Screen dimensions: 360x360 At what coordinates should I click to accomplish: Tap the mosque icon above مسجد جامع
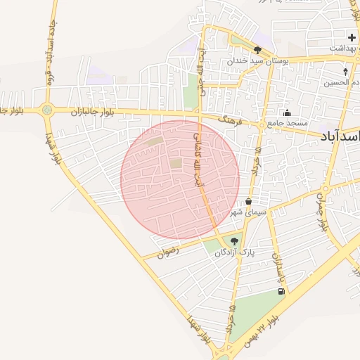(x=287, y=112)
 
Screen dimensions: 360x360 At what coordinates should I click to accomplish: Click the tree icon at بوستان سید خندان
(x=258, y=50)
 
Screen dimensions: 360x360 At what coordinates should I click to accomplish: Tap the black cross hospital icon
(x=352, y=37)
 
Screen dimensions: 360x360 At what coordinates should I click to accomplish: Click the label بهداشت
(x=345, y=47)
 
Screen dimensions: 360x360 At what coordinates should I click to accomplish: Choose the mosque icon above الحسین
(x=345, y=71)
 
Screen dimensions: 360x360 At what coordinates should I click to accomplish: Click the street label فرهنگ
(x=229, y=120)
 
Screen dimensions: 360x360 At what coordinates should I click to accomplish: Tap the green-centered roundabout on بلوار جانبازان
(x=47, y=110)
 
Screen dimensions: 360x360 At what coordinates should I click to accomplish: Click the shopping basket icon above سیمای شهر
(x=249, y=202)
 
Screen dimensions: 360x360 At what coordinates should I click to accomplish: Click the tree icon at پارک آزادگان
(x=234, y=240)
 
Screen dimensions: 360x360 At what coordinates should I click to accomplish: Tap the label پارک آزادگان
(x=236, y=251)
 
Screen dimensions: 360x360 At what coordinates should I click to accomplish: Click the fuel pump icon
(x=281, y=291)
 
